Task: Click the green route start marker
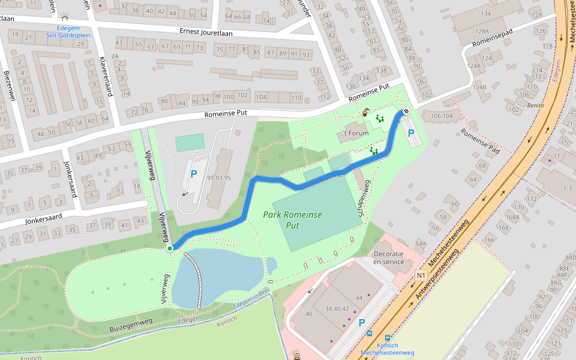tap(170, 248)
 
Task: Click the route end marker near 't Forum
tap(406, 111)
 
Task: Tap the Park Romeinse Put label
tap(292, 220)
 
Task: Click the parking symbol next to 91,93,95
tap(193, 175)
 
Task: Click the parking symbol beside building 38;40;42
tap(361, 322)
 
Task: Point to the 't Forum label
tap(355, 133)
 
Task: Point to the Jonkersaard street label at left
tap(44, 220)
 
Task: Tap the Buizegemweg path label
tap(131, 323)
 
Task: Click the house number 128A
tap(482, 31)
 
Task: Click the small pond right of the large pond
tap(272, 264)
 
